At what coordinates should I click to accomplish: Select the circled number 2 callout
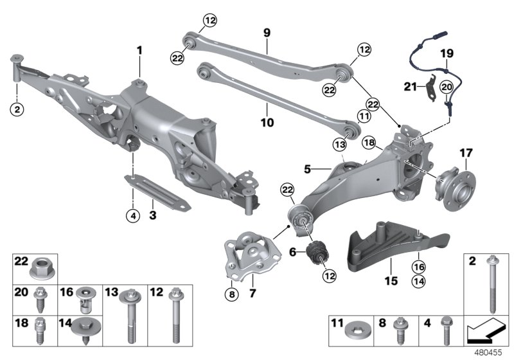(17, 109)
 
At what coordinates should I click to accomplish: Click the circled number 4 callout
(132, 215)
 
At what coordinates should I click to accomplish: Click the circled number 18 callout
(368, 142)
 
